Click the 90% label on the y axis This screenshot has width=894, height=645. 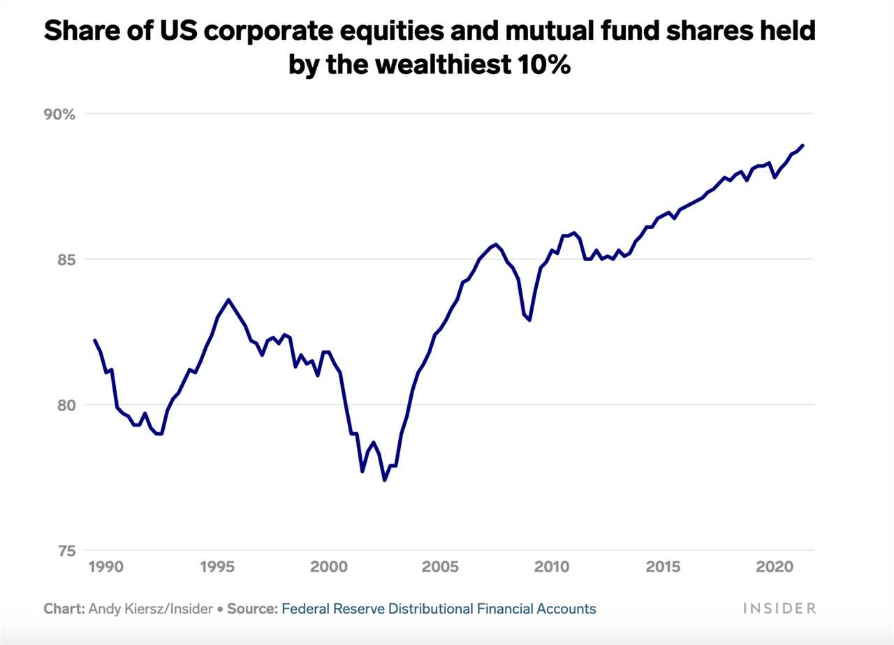[60, 114]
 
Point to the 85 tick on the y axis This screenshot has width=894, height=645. [65, 259]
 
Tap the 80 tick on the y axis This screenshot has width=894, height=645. [65, 405]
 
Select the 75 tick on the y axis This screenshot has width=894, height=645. [65, 550]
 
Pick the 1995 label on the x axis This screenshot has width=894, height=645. [217, 565]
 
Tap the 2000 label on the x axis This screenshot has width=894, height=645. [328, 565]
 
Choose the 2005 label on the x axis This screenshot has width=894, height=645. [440, 565]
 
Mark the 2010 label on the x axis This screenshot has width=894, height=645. [552, 565]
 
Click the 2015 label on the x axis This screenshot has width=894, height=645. [663, 565]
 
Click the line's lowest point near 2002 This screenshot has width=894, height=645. [384, 480]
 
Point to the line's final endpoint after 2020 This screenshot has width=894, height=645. [803, 145]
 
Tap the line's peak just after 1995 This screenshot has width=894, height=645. [228, 299]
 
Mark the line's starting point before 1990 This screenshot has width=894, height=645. [94, 340]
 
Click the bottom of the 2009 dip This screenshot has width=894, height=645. [529, 320]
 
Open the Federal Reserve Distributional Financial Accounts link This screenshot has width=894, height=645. [439, 609]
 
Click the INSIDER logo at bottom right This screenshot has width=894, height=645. [779, 609]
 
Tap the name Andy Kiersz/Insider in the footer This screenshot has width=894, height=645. [150, 609]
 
